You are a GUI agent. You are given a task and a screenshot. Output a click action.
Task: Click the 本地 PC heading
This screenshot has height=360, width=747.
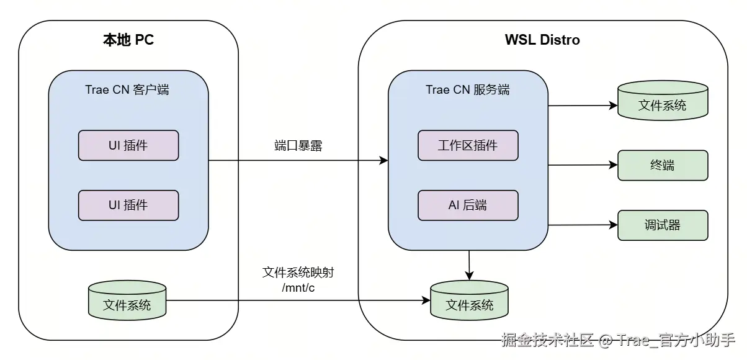pos(128,40)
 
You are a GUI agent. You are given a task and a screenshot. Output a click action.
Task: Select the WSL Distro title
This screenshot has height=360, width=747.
pos(542,40)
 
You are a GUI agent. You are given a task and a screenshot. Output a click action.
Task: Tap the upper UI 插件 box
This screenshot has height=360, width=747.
pos(128,146)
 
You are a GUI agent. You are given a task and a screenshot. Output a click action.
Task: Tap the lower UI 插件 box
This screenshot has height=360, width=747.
pos(128,205)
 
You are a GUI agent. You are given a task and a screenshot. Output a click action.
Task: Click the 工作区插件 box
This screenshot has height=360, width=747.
pos(468,146)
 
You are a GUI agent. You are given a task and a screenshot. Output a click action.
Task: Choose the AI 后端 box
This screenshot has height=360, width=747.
pos(468,205)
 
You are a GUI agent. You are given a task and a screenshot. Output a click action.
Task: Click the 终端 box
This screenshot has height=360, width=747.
pos(663,165)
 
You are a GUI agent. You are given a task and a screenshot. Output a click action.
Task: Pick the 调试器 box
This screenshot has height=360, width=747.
pos(663,225)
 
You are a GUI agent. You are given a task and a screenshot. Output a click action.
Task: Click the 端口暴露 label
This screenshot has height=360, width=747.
pos(298,146)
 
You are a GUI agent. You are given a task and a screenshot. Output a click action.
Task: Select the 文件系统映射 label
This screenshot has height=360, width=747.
pos(298,273)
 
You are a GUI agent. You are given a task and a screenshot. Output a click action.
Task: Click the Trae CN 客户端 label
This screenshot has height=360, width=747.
pos(127,89)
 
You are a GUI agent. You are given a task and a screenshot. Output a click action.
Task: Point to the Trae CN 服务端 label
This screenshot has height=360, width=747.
pos(467,89)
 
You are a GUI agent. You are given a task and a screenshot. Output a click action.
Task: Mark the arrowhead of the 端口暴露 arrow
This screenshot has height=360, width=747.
pos(384,161)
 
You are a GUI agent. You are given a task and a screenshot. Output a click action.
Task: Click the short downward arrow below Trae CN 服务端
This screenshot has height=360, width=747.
pos(470,265)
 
